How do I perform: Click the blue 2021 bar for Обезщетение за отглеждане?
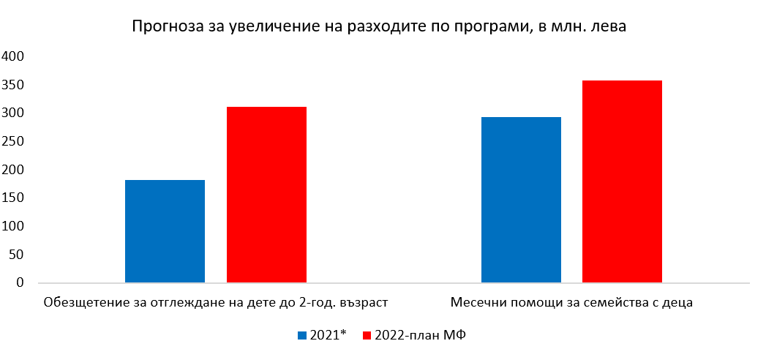[165, 231]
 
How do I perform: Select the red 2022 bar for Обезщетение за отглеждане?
[266, 195]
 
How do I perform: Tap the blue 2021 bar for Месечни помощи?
[521, 200]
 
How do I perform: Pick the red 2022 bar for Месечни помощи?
[622, 181]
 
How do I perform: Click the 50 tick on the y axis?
[17, 255]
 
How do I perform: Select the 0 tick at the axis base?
[20, 283]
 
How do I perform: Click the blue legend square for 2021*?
[301, 335]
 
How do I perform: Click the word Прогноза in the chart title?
[163, 27]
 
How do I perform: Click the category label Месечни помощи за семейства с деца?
[571, 302]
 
